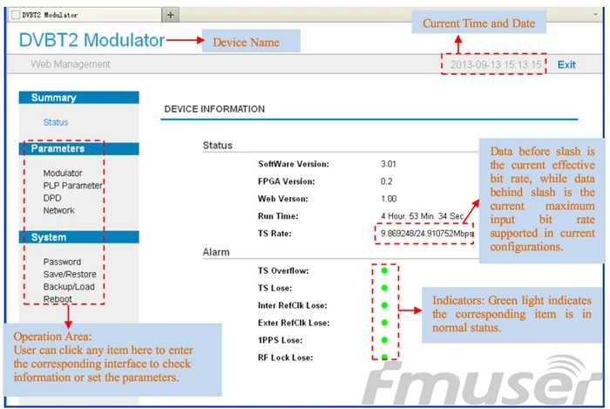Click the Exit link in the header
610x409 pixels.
coord(566,65)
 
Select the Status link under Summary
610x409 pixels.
coord(56,122)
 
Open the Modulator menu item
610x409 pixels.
coord(63,173)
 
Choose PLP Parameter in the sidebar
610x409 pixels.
coord(72,185)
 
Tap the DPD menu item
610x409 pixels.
coord(52,198)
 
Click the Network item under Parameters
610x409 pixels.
coord(58,210)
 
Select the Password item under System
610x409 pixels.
coord(62,262)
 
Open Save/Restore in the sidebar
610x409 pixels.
coord(70,274)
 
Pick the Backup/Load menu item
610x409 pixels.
coord(69,286)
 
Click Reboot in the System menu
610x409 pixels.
coord(58,299)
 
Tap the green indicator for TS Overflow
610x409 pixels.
coord(384,270)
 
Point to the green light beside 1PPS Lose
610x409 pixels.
coord(384,340)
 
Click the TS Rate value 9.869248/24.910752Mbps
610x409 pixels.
coord(427,233)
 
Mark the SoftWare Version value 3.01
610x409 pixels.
coord(389,164)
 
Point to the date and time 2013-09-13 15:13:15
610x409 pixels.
coord(496,65)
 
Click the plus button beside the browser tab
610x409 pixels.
coord(171,15)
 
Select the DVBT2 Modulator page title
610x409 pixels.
coord(91,40)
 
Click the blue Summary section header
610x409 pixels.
coord(79,98)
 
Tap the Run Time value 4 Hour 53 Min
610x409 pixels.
coord(422,216)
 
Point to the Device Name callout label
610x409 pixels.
coord(247,42)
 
